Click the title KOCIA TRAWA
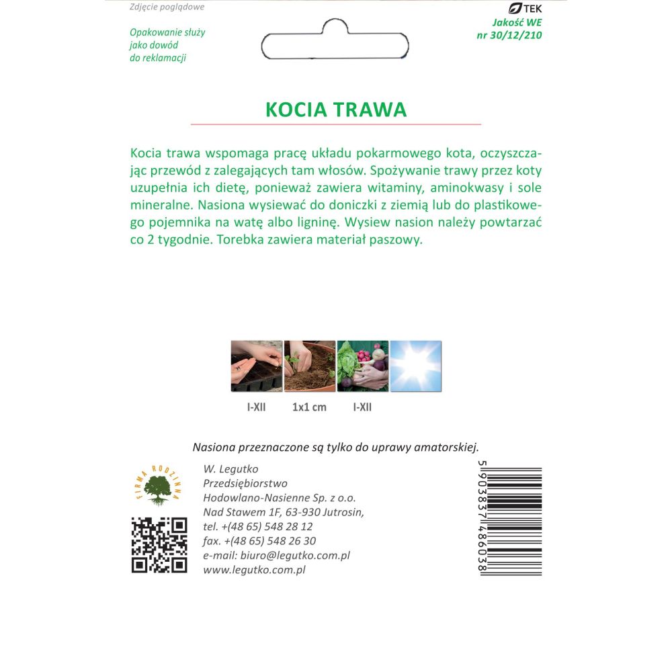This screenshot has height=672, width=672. (x=336, y=110)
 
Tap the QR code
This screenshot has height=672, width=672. (x=159, y=545)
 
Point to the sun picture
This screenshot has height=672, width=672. (x=416, y=366)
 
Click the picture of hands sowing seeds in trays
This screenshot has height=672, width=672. (x=256, y=366)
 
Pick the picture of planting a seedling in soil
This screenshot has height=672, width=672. (x=310, y=366)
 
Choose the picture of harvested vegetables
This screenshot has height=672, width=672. (x=363, y=366)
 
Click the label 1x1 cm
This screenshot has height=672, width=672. (x=310, y=407)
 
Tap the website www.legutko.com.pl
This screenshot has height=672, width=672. (x=254, y=570)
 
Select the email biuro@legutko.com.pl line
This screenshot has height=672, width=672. (x=276, y=556)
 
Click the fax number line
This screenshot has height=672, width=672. (x=259, y=541)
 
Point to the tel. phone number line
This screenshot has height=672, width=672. (x=257, y=527)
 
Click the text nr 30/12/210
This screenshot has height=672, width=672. (x=508, y=35)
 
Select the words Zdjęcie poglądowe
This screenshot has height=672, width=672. (x=166, y=7)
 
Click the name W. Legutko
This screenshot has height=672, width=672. (x=230, y=469)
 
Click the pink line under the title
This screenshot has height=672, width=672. (x=336, y=124)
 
